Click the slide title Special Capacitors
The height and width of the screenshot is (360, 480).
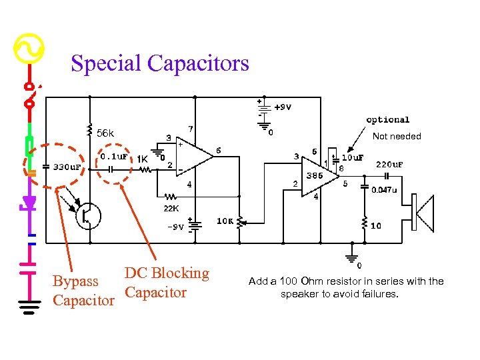tap(160, 63)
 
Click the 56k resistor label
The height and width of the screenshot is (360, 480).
tap(106, 133)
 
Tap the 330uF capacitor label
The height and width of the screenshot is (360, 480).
tap(67, 167)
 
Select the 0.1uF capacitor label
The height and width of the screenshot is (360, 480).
tap(114, 156)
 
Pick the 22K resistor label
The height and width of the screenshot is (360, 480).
tap(171, 209)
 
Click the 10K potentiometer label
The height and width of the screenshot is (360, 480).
tap(225, 221)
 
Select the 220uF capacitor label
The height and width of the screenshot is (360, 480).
tap(389, 164)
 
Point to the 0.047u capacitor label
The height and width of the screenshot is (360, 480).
tap(385, 189)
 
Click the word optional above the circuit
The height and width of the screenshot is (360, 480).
tap(387, 120)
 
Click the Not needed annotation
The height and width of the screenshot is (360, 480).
tap(397, 136)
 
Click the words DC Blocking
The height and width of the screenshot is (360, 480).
tap(167, 273)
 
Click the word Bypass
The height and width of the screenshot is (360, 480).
tap(75, 282)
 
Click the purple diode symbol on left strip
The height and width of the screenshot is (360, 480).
tap(29, 201)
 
